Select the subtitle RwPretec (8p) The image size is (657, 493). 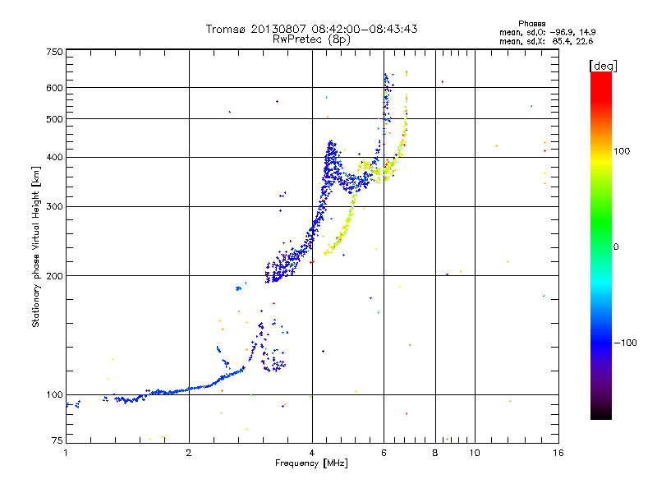311,39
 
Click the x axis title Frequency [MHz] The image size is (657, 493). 311,464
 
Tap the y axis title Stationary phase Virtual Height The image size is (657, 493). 36,246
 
